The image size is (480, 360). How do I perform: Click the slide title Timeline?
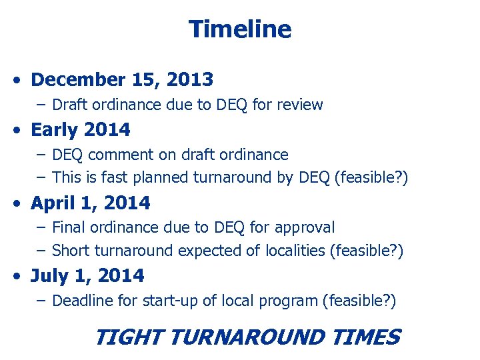(240, 29)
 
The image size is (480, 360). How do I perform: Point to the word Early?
(52, 129)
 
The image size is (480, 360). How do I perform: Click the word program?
(291, 301)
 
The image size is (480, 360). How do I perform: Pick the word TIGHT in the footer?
(129, 337)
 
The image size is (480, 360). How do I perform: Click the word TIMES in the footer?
(367, 337)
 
